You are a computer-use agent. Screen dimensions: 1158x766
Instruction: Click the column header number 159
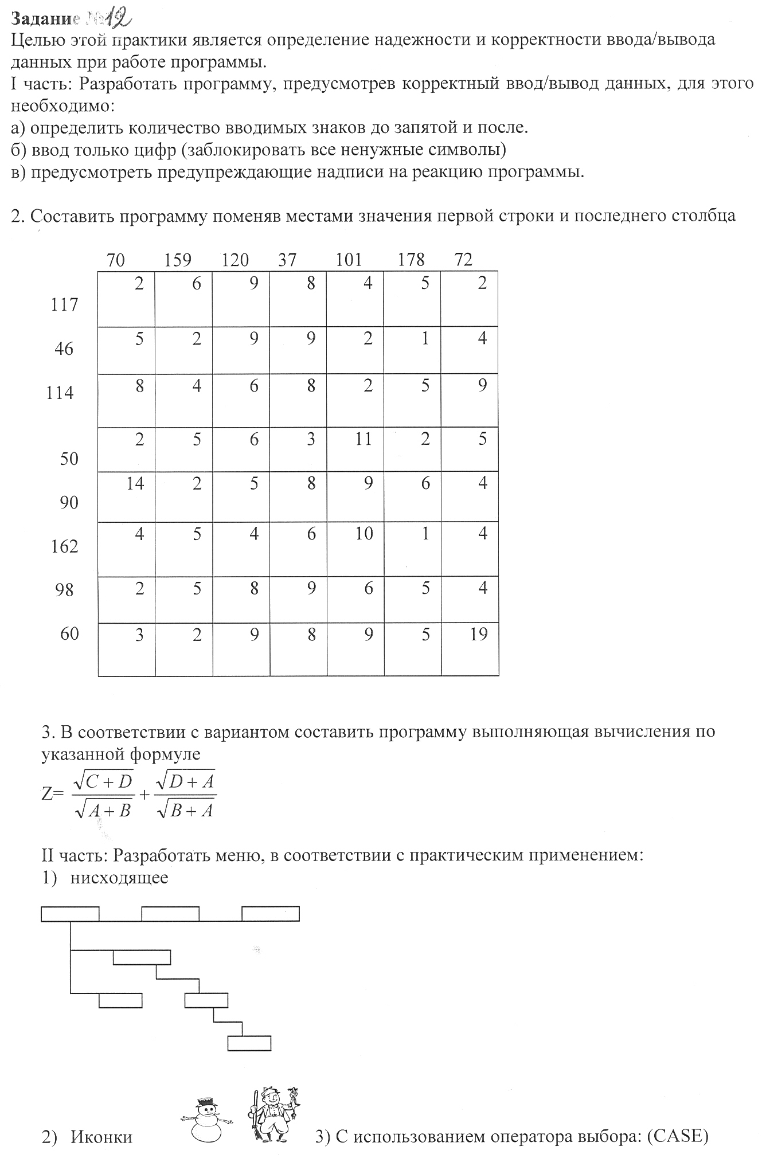pos(177,260)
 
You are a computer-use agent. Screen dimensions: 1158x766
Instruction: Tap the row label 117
pos(64,304)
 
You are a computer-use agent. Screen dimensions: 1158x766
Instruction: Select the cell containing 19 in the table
pos(470,650)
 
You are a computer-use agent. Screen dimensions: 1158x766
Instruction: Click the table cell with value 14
pos(127,496)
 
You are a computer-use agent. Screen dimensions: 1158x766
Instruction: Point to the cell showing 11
pos(355,449)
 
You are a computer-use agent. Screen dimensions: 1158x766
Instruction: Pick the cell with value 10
pos(355,549)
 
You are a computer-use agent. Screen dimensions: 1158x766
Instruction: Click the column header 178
pos(411,260)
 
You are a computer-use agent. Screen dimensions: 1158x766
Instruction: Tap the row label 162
pos(64,546)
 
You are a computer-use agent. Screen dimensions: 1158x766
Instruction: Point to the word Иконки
pos(101,1137)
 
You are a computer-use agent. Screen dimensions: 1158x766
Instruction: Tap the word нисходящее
pos(119,878)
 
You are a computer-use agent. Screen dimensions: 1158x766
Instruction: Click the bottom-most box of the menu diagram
pos(249,1043)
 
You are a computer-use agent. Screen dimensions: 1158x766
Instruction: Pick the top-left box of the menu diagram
pos(70,913)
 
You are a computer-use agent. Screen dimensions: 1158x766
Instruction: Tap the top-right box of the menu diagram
pos(271,913)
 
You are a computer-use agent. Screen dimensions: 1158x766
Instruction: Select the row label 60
pos(69,634)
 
